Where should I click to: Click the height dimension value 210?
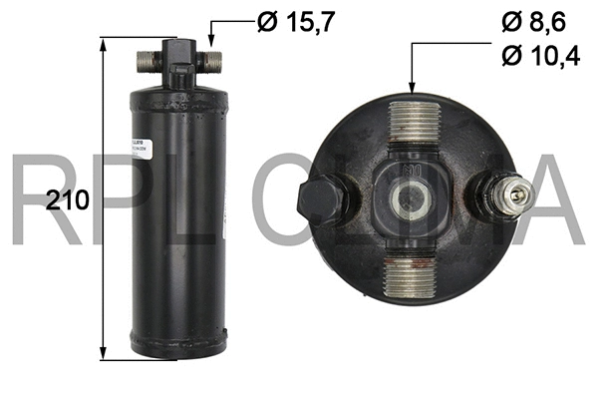click(69, 199)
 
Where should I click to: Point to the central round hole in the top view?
click(408, 199)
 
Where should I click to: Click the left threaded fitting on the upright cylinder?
click(146, 61)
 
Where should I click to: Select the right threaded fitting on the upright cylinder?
click(211, 61)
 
